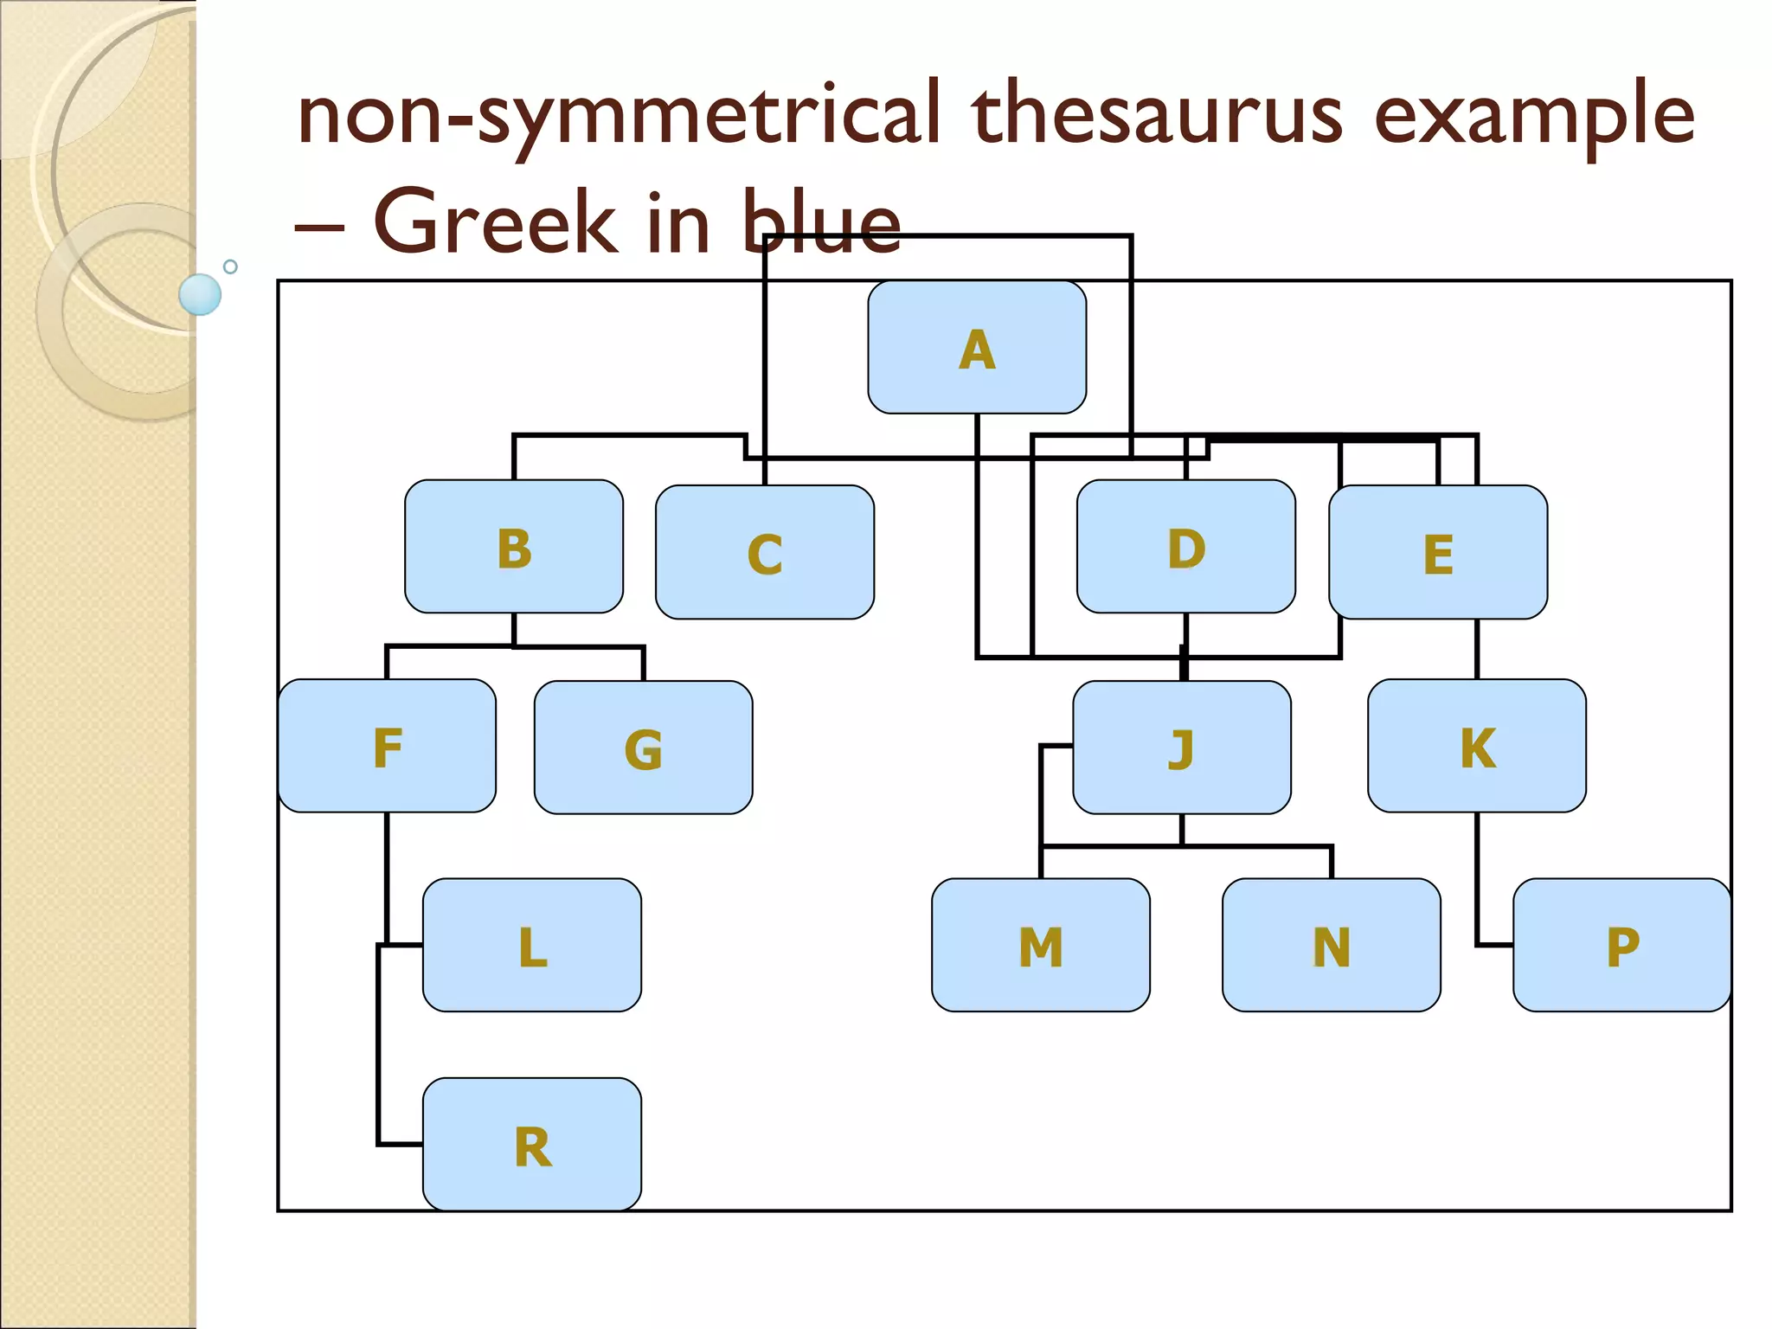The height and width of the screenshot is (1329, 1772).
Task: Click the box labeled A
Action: [x=977, y=347]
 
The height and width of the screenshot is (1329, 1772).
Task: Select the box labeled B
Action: [x=514, y=547]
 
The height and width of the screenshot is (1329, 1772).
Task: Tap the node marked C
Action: [x=765, y=552]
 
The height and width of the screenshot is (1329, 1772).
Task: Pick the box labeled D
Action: [x=1185, y=547]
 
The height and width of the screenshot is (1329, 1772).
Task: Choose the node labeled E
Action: [x=1438, y=552]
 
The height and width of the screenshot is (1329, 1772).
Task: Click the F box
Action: [x=387, y=746]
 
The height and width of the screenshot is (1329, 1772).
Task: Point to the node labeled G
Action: [x=643, y=748]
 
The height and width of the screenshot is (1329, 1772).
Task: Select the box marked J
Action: [x=1182, y=748]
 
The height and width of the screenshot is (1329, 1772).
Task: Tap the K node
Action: [x=1477, y=746]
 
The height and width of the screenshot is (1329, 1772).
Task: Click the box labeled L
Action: [x=532, y=945]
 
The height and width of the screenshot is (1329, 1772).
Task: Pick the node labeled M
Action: [x=1041, y=945]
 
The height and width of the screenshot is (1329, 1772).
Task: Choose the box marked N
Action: [x=1332, y=945]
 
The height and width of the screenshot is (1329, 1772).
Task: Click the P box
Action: [x=1622, y=945]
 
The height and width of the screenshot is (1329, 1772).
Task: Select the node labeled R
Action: [x=532, y=1144]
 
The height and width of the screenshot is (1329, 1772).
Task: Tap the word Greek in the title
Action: [x=494, y=223]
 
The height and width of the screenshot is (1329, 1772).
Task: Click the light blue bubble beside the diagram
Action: [x=200, y=294]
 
